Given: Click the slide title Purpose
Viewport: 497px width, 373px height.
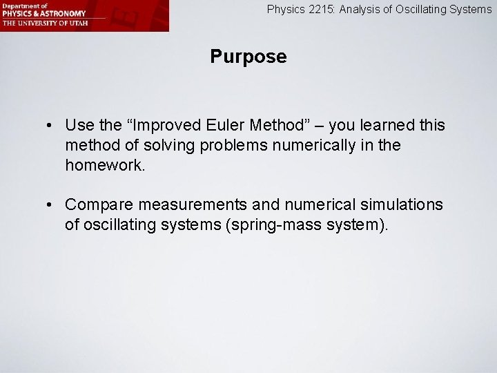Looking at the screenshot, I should coord(248,57).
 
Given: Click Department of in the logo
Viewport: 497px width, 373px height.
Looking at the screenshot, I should coord(23,6).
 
